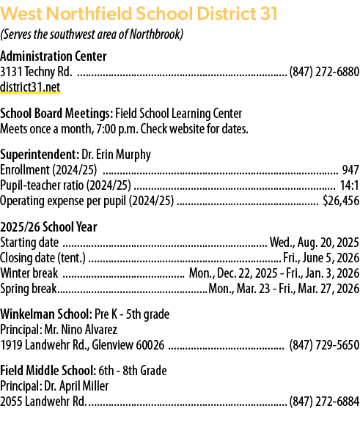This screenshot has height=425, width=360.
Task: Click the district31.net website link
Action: click(30, 87)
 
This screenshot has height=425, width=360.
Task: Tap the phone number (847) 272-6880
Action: click(325, 72)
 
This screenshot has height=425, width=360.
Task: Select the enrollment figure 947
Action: click(350, 170)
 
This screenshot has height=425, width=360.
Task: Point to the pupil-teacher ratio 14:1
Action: click(350, 185)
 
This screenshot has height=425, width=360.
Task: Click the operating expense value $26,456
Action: click(341, 201)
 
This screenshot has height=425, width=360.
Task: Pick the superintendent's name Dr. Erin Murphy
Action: click(116, 155)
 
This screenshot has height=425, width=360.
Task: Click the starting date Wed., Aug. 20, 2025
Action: click(315, 243)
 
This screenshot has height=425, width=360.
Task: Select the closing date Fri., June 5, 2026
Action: click(321, 258)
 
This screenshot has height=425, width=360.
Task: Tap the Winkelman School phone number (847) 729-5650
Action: click(325, 345)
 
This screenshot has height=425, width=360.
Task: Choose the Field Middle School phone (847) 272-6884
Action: click(325, 401)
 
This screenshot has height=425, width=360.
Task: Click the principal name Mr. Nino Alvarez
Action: click(81, 330)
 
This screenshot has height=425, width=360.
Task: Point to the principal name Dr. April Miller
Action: click(76, 386)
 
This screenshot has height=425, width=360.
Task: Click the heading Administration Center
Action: click(54, 56)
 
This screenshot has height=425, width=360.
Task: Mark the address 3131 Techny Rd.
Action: click(36, 72)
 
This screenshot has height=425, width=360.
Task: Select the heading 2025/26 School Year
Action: click(48, 227)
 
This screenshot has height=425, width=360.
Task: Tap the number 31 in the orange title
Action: click(269, 13)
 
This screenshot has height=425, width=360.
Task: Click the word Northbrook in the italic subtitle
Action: click(155, 34)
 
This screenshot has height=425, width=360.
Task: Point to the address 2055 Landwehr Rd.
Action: click(43, 402)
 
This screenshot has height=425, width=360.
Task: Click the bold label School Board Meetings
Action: click(56, 114)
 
